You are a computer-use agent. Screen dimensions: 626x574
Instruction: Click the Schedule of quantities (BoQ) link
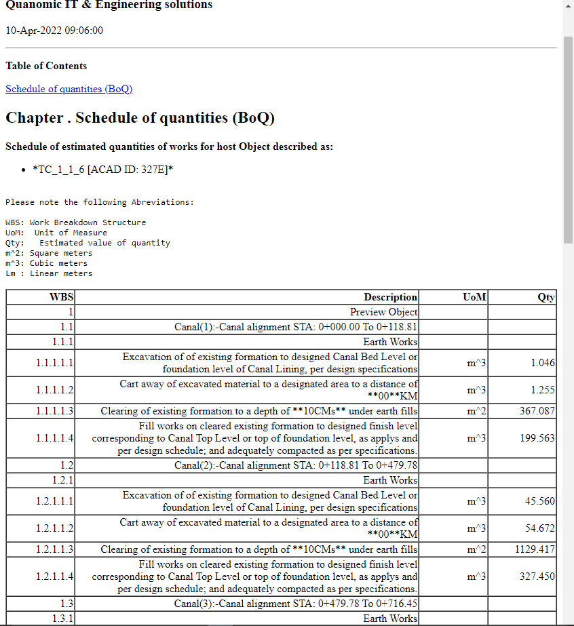tap(69, 89)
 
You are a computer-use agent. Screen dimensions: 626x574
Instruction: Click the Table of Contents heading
tap(46, 66)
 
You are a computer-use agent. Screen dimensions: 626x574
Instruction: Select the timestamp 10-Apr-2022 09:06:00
tap(54, 31)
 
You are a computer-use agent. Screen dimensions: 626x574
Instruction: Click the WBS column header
tap(62, 297)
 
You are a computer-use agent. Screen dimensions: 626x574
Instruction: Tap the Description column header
tap(390, 297)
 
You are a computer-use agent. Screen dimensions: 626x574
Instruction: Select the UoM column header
tap(474, 297)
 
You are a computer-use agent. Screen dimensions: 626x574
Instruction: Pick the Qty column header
tap(546, 297)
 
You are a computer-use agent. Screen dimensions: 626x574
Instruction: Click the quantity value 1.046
tap(543, 363)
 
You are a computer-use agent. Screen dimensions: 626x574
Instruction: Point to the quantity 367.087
tap(536, 411)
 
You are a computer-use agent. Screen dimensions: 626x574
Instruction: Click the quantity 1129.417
tap(535, 549)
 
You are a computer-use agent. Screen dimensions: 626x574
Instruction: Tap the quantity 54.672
tap(540, 528)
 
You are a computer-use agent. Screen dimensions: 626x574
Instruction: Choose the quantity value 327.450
tap(537, 576)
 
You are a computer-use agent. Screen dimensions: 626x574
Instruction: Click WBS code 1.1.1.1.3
tap(54, 411)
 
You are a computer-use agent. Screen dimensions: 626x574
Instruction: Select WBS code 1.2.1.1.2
tap(54, 528)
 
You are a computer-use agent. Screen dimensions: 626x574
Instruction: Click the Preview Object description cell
tap(383, 312)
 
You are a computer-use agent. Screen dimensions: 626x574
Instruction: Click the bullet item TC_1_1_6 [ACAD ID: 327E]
tap(102, 170)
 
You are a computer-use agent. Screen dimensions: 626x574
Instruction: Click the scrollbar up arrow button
tap(568, 5)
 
